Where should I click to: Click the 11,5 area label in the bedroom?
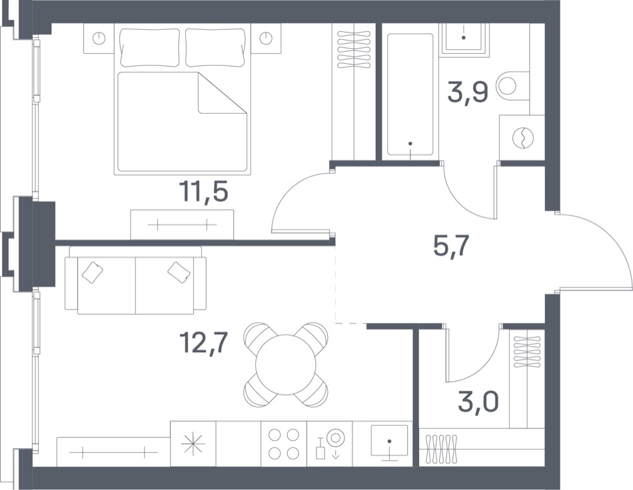205,192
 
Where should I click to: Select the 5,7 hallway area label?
451,246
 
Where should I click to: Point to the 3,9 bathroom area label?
468,93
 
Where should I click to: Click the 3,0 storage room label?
478,401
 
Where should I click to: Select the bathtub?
410,95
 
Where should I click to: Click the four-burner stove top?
284,443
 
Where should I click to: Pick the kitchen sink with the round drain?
389,443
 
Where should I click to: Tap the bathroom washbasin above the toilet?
464,37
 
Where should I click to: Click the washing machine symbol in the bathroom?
523,138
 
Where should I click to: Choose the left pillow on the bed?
150,47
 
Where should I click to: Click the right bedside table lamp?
266,39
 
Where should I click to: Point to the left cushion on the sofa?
93,272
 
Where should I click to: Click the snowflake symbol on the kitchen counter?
193,443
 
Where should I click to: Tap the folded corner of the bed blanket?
222,93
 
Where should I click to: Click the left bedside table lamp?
99,39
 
